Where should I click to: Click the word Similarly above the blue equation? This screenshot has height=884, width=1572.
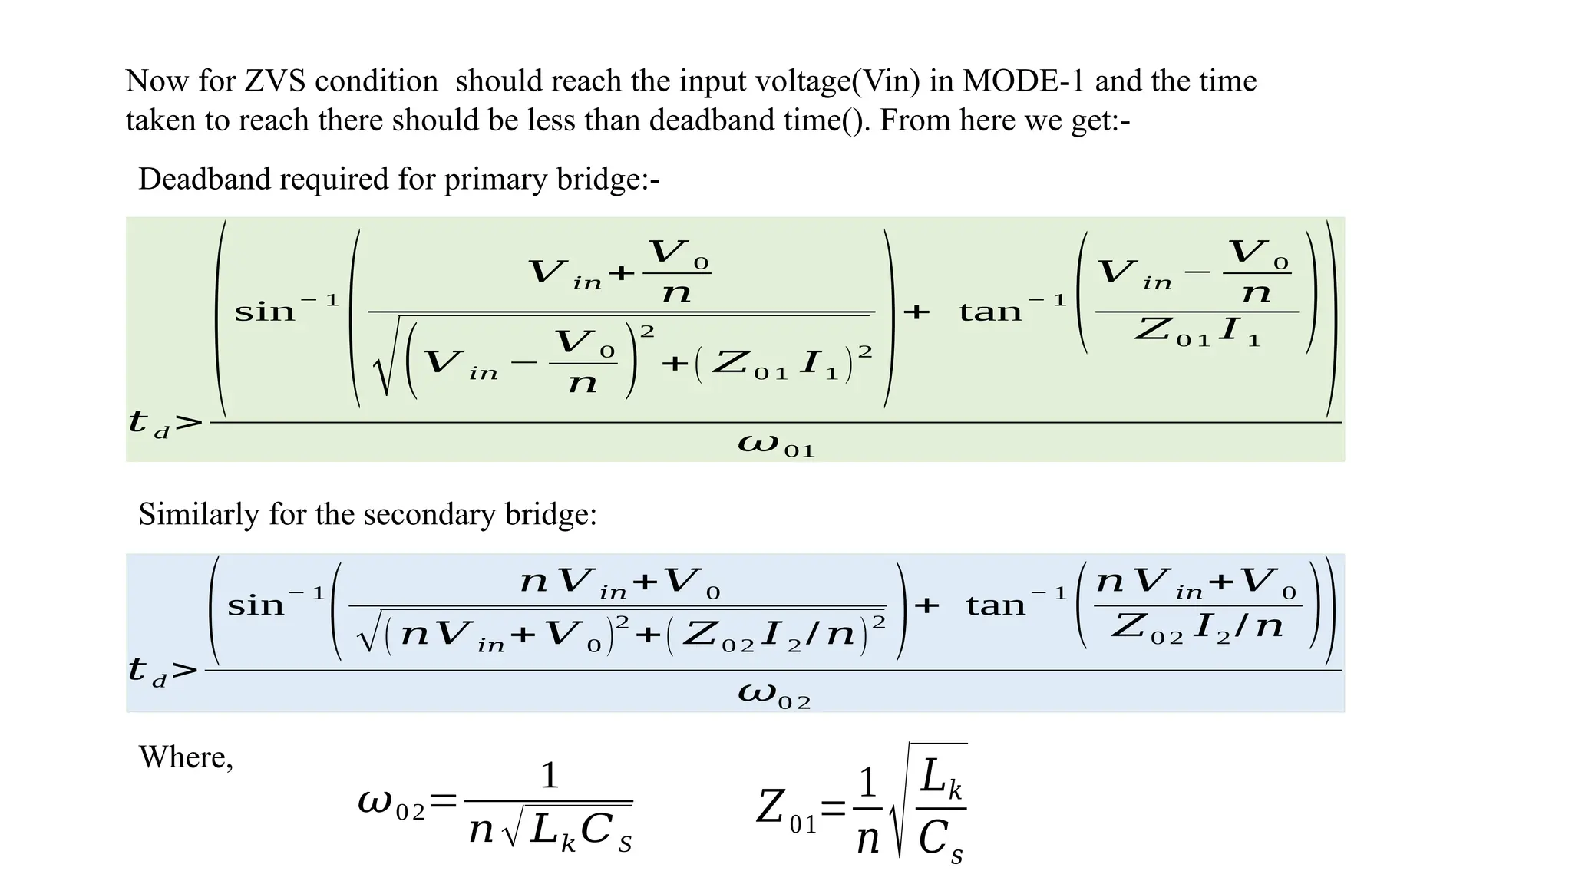199,514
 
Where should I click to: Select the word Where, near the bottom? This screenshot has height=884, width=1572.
186,757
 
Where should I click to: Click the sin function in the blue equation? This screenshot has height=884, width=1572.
256,606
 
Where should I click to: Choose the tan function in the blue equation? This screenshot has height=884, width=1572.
996,606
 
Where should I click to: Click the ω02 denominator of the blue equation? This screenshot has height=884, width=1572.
774,694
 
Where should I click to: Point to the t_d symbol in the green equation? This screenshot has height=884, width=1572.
149,424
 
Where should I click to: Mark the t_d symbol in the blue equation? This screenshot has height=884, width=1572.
147,671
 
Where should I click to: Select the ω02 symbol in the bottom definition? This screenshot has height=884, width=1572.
391,804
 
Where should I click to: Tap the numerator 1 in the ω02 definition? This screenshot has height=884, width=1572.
549,776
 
